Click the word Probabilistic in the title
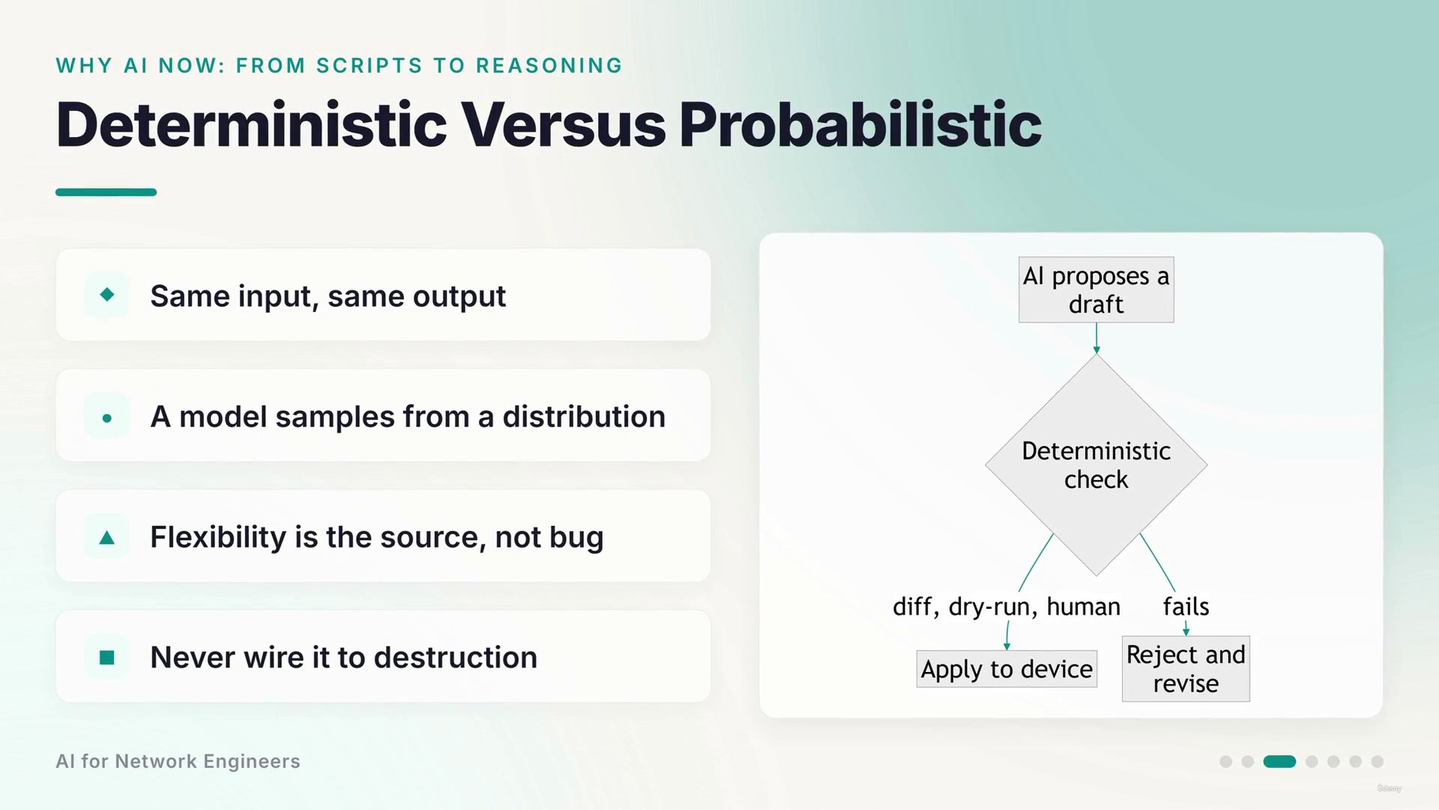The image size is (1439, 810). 860,124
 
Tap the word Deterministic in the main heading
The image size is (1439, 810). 252,124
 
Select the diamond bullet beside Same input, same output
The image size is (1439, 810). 107,295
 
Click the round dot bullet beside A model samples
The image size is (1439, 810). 107,418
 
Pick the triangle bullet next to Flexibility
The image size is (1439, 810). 107,537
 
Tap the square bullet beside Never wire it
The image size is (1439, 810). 107,658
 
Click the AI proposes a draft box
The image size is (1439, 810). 1096,289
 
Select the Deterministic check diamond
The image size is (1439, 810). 1096,465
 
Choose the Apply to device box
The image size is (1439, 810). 1007,669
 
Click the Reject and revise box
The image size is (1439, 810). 1186,669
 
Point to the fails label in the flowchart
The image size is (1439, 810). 1186,606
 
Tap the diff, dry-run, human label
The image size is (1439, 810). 1007,607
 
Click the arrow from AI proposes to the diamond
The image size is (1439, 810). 1096,338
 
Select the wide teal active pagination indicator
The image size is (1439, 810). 1279,761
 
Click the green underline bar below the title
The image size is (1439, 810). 106,192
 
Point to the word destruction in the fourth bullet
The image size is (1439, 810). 456,658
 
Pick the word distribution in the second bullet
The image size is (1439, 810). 584,417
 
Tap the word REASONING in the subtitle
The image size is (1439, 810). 549,66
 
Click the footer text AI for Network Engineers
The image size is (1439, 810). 178,761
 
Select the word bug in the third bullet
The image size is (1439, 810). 576,538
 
